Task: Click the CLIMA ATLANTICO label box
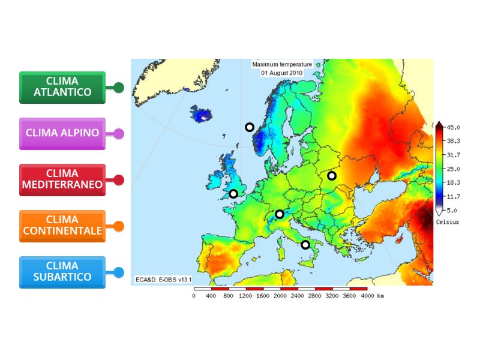coord(62,87)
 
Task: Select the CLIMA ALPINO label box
coord(62,133)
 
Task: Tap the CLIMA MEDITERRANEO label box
coord(62,179)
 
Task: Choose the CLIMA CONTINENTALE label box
coord(62,226)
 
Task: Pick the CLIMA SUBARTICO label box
coord(62,272)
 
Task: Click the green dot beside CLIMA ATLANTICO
coord(119,88)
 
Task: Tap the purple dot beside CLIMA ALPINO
coord(119,134)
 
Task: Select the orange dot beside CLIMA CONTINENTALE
coord(119,226)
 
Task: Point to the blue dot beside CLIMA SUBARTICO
coord(119,272)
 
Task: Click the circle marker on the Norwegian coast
coord(250,127)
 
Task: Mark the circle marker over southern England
coord(233,193)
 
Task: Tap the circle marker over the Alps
coord(280,214)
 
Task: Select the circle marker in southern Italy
coord(305,244)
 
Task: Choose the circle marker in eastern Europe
coord(332,176)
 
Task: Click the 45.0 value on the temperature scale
coord(453,127)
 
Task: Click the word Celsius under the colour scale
coord(447,222)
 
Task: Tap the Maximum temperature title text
coord(282,64)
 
